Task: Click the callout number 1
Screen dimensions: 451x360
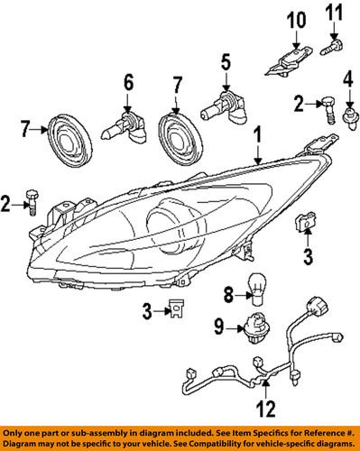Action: pos(260,139)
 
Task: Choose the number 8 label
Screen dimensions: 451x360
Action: pos(227,292)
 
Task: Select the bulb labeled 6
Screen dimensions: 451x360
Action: pos(125,127)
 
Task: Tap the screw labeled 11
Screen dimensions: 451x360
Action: pos(335,40)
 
